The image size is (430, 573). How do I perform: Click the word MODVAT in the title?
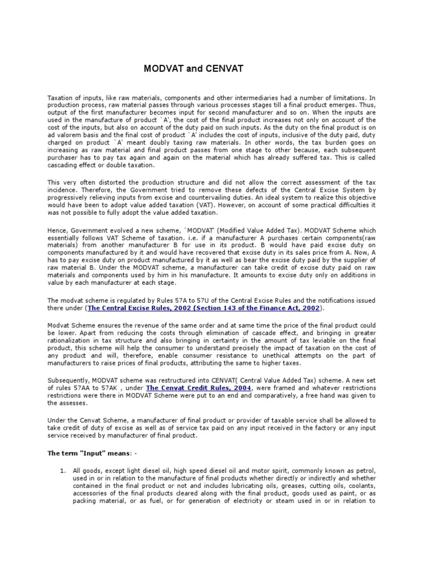(x=163, y=69)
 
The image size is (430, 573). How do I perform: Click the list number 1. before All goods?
(x=63, y=471)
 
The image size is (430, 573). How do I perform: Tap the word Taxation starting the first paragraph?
(x=61, y=97)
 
